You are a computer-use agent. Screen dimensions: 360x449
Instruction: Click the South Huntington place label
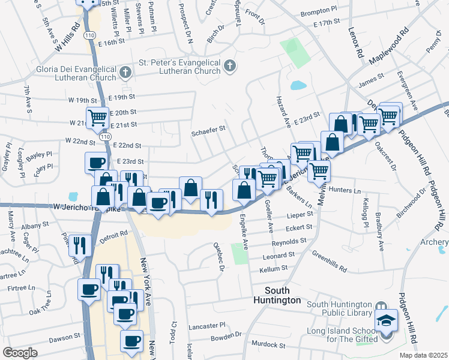click(x=277, y=295)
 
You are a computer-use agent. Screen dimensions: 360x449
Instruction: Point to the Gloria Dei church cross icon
click(x=125, y=74)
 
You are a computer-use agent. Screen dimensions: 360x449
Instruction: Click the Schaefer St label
click(x=208, y=128)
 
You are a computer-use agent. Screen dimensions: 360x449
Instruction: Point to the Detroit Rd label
click(x=114, y=236)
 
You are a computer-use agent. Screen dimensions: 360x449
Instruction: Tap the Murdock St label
click(x=268, y=345)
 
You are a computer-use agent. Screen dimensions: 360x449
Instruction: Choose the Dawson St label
click(x=60, y=338)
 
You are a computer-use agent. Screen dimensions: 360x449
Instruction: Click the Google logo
click(x=20, y=353)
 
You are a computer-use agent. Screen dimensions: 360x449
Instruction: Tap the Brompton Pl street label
click(x=313, y=11)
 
